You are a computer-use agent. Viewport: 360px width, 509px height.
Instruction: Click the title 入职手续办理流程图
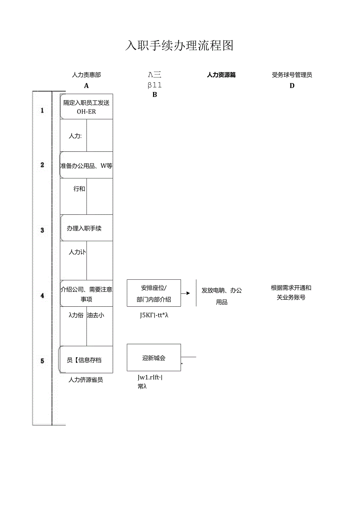click(x=179, y=46)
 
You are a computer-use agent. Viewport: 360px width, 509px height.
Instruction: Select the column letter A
click(x=86, y=86)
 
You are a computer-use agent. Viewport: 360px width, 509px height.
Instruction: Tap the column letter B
click(x=155, y=95)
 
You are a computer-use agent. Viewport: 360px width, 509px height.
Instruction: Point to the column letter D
click(x=292, y=86)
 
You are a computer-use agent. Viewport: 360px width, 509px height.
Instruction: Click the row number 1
click(x=42, y=110)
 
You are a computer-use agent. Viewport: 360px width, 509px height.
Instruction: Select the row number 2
click(x=42, y=165)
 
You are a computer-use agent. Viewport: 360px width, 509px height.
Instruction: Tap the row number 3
click(x=42, y=230)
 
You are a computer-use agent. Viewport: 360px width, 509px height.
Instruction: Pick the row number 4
click(x=42, y=295)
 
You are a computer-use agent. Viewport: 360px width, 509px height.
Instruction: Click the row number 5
click(x=42, y=361)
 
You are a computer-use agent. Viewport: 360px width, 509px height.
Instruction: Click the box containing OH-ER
click(x=86, y=106)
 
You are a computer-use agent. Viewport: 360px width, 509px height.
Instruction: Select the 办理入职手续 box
click(x=86, y=228)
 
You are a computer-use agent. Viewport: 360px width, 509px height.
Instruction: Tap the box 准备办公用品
click(x=86, y=165)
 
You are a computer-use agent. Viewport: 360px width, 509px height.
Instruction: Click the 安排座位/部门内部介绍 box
click(x=154, y=293)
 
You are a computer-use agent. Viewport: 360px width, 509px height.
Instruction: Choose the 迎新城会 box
click(x=154, y=358)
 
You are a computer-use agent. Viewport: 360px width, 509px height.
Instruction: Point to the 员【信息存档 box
click(x=86, y=360)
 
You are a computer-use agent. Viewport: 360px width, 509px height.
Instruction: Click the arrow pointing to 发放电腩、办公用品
click(x=187, y=293)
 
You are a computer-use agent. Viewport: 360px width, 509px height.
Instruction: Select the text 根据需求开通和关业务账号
click(x=291, y=292)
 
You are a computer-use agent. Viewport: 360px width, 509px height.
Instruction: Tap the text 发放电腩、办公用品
click(x=221, y=296)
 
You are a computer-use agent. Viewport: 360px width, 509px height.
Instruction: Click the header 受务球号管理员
click(x=292, y=75)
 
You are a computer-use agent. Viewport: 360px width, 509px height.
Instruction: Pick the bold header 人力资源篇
click(x=221, y=75)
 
